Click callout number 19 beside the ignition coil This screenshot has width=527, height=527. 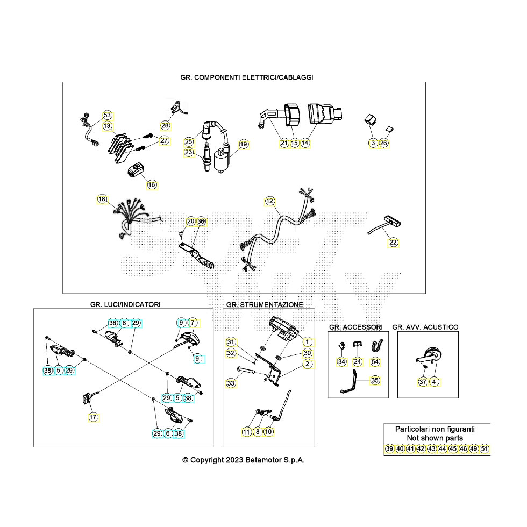click(244, 144)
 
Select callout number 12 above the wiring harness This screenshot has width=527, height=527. click(270, 201)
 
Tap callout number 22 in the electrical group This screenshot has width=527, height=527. click(393, 243)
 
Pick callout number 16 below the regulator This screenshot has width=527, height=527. click(152, 184)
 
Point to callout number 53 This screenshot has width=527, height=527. click(107, 116)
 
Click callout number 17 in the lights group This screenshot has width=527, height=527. click(93, 416)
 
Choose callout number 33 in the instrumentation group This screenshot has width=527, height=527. click(231, 383)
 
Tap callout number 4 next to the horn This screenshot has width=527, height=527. click(435, 382)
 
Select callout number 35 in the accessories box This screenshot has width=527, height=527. click(375, 380)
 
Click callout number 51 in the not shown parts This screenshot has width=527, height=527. click(485, 448)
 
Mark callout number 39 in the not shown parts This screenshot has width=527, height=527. click(389, 448)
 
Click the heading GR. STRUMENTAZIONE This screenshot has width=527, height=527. click(265, 304)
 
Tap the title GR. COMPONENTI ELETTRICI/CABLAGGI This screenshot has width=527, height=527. click(247, 77)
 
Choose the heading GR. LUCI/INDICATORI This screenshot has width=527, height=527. click(125, 304)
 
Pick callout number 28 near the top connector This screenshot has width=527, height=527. click(165, 125)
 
